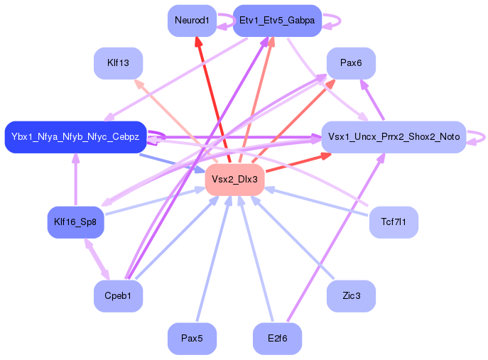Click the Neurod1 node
(x=192, y=21)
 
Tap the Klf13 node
(x=118, y=63)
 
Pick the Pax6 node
(x=351, y=63)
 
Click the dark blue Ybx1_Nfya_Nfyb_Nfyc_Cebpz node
(x=75, y=136)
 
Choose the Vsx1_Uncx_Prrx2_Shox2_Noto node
(x=394, y=136)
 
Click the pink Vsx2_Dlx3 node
(x=234, y=180)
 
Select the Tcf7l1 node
(x=394, y=222)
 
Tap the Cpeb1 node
(x=118, y=296)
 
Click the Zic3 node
(x=351, y=296)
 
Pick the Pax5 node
(x=192, y=339)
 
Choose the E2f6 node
(x=277, y=339)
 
